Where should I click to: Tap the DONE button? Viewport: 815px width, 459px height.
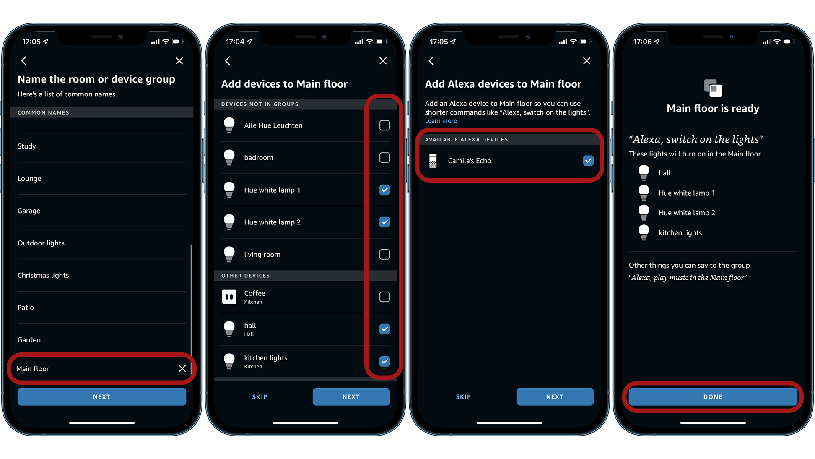tap(713, 397)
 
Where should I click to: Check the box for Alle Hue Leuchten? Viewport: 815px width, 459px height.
tap(384, 125)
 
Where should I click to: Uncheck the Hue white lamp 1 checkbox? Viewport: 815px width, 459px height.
tap(384, 190)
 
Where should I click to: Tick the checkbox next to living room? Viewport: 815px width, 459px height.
tap(384, 255)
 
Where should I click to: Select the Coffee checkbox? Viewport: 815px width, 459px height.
tap(384, 297)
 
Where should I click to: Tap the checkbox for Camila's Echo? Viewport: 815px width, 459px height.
tap(588, 161)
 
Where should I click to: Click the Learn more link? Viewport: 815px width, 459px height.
tap(441, 121)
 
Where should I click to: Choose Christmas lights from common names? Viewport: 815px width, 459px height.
tap(43, 275)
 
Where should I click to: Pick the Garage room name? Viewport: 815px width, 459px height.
tap(29, 211)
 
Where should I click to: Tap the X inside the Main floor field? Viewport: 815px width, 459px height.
tap(182, 368)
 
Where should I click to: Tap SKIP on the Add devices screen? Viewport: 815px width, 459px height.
tap(260, 397)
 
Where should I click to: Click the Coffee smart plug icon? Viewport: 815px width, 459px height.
tap(229, 297)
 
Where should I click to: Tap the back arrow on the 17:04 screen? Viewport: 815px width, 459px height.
tap(228, 61)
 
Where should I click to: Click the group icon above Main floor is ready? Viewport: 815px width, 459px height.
tap(713, 88)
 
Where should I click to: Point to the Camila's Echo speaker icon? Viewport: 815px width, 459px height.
tap(433, 161)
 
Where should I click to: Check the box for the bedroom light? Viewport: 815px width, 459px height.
tap(384, 158)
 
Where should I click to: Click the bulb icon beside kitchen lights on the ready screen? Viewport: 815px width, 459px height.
tap(644, 232)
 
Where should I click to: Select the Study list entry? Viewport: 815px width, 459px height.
tap(27, 146)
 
